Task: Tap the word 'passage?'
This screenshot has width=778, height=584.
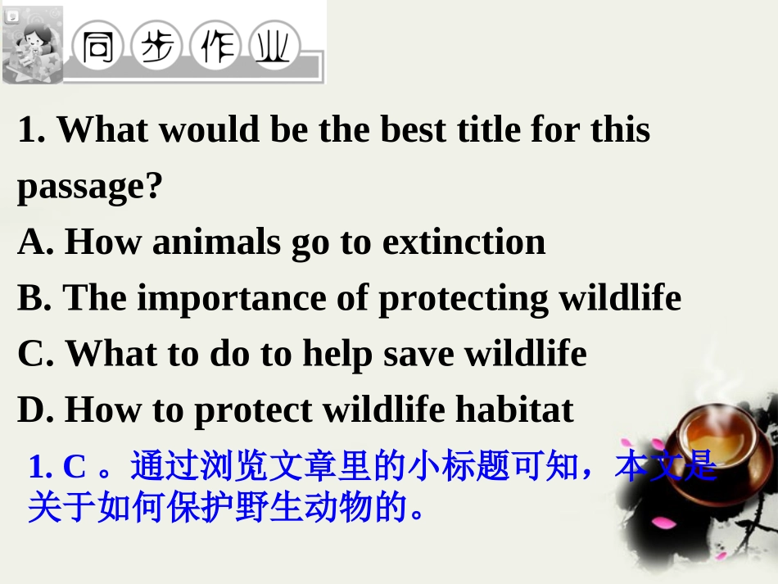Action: pos(90,187)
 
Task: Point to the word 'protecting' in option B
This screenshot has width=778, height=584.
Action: pos(464,298)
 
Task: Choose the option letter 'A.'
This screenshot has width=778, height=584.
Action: pos(36,242)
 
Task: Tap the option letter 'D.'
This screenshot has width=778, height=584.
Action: pos(37,410)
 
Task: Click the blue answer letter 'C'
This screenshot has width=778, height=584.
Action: pos(75,467)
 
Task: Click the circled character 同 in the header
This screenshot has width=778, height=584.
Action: pos(99,48)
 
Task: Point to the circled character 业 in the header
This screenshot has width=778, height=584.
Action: pos(274,48)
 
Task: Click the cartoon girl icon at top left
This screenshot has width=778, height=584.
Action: pos(33,45)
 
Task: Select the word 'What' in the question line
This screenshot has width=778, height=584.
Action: pos(102,129)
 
